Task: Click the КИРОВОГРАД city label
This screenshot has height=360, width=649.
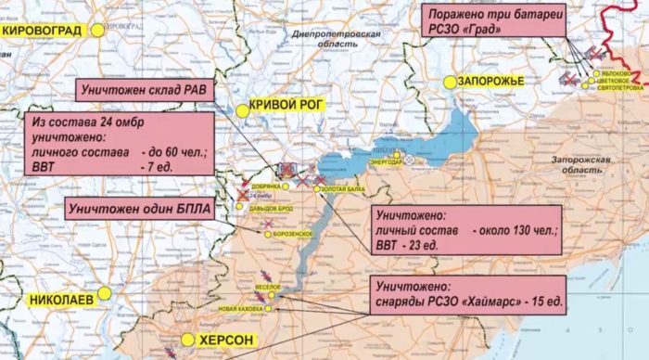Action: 41,31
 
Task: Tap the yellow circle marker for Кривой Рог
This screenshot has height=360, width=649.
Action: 242,109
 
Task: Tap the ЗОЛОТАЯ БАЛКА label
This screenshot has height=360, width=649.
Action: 344,189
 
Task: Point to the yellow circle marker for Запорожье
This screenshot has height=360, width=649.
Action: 449,82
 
